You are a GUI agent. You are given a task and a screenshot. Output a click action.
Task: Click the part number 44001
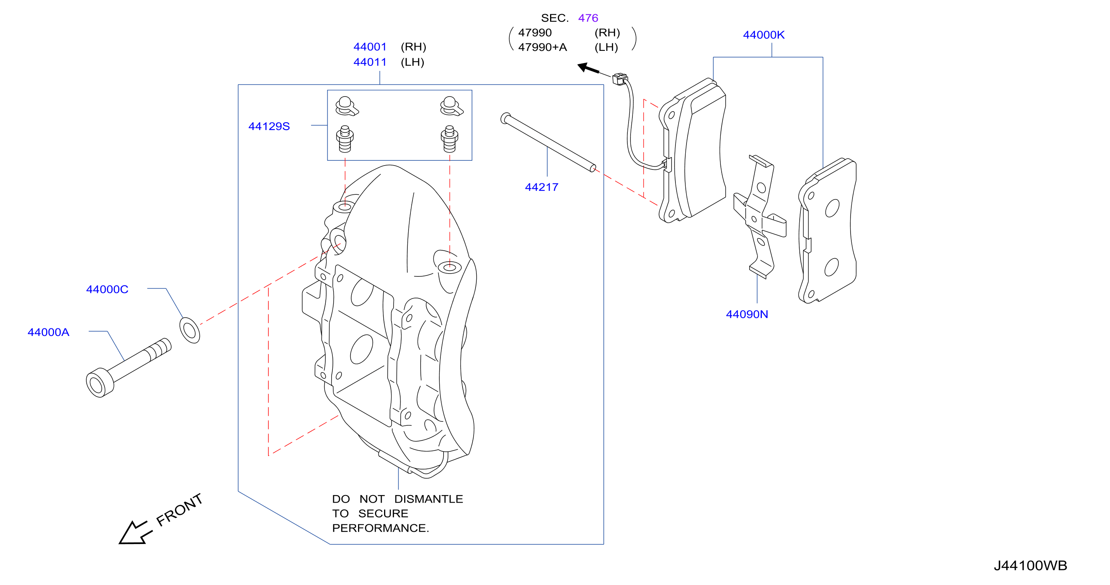(x=370, y=47)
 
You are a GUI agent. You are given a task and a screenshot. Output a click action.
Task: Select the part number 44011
(x=370, y=62)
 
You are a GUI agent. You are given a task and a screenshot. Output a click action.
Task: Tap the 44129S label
(x=269, y=126)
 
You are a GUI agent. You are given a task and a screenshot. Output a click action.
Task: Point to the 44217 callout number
(x=541, y=187)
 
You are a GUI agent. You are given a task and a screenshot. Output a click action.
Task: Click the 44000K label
(x=763, y=35)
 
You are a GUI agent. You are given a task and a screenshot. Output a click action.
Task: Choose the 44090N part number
(x=747, y=314)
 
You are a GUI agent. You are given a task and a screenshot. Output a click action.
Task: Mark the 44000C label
(x=107, y=289)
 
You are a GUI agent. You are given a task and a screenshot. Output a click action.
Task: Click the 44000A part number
(x=48, y=332)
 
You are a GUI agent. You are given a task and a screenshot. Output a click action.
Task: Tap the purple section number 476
(x=588, y=18)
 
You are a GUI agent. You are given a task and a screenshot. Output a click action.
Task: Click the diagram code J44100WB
(x=1030, y=565)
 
